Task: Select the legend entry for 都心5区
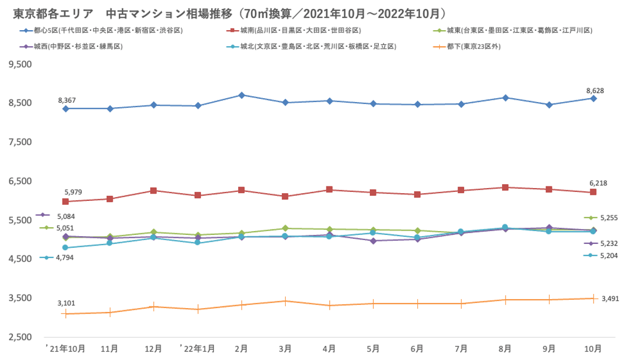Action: point(106,30)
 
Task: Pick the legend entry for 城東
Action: point(519,30)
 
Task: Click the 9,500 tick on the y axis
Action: point(20,65)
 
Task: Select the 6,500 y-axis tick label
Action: point(20,181)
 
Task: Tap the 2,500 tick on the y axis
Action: point(20,337)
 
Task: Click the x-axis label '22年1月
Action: point(198,349)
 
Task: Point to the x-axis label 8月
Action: point(505,349)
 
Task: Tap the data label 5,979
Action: point(73,192)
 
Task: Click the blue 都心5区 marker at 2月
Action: point(241,95)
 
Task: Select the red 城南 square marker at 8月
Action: point(505,188)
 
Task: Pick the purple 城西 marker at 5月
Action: point(373,241)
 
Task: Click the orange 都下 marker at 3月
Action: point(285,301)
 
